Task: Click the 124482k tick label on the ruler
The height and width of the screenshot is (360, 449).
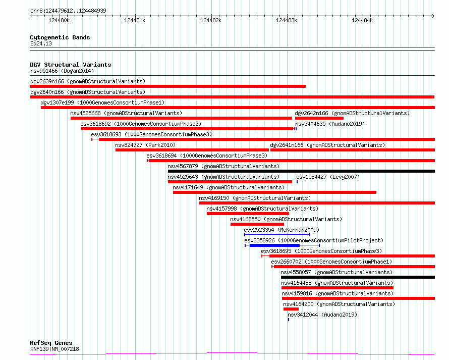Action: point(211,20)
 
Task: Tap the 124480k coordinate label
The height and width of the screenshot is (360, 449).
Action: point(59,20)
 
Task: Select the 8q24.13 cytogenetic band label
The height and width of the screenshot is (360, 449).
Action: point(41,43)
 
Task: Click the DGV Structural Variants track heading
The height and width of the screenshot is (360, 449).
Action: point(71,65)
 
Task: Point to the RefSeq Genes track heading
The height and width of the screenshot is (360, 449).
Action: point(51,343)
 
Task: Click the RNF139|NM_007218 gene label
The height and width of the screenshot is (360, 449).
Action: point(54,349)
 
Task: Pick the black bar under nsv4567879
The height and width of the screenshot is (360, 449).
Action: point(301,171)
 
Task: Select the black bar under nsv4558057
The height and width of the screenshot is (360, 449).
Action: point(358,277)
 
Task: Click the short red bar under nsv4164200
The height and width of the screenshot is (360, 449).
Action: point(291,309)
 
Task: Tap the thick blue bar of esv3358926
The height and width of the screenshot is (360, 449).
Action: point(274,245)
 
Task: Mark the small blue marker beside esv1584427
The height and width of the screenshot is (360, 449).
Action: point(297,182)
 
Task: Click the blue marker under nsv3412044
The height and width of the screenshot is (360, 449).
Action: point(289,320)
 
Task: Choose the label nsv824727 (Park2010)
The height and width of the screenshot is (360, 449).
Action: point(145,145)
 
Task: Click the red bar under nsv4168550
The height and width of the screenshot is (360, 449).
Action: point(257,224)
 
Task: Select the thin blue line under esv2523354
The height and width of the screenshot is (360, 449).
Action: point(277,235)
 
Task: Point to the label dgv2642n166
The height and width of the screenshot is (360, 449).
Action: point(312,113)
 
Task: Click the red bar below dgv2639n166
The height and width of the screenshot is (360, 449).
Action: point(168,86)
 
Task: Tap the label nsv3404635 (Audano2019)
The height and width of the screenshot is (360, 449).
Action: point(330,124)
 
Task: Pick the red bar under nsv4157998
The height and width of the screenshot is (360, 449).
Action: point(248,214)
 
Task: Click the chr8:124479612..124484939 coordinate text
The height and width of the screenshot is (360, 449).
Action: point(68,11)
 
